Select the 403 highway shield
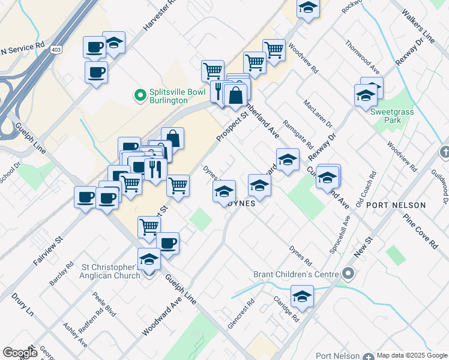(x=56, y=49)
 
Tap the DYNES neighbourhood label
(x=243, y=203)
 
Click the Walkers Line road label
(x=418, y=26)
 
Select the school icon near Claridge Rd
(x=302, y=296)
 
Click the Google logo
(x=19, y=353)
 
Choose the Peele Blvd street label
(x=103, y=304)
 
